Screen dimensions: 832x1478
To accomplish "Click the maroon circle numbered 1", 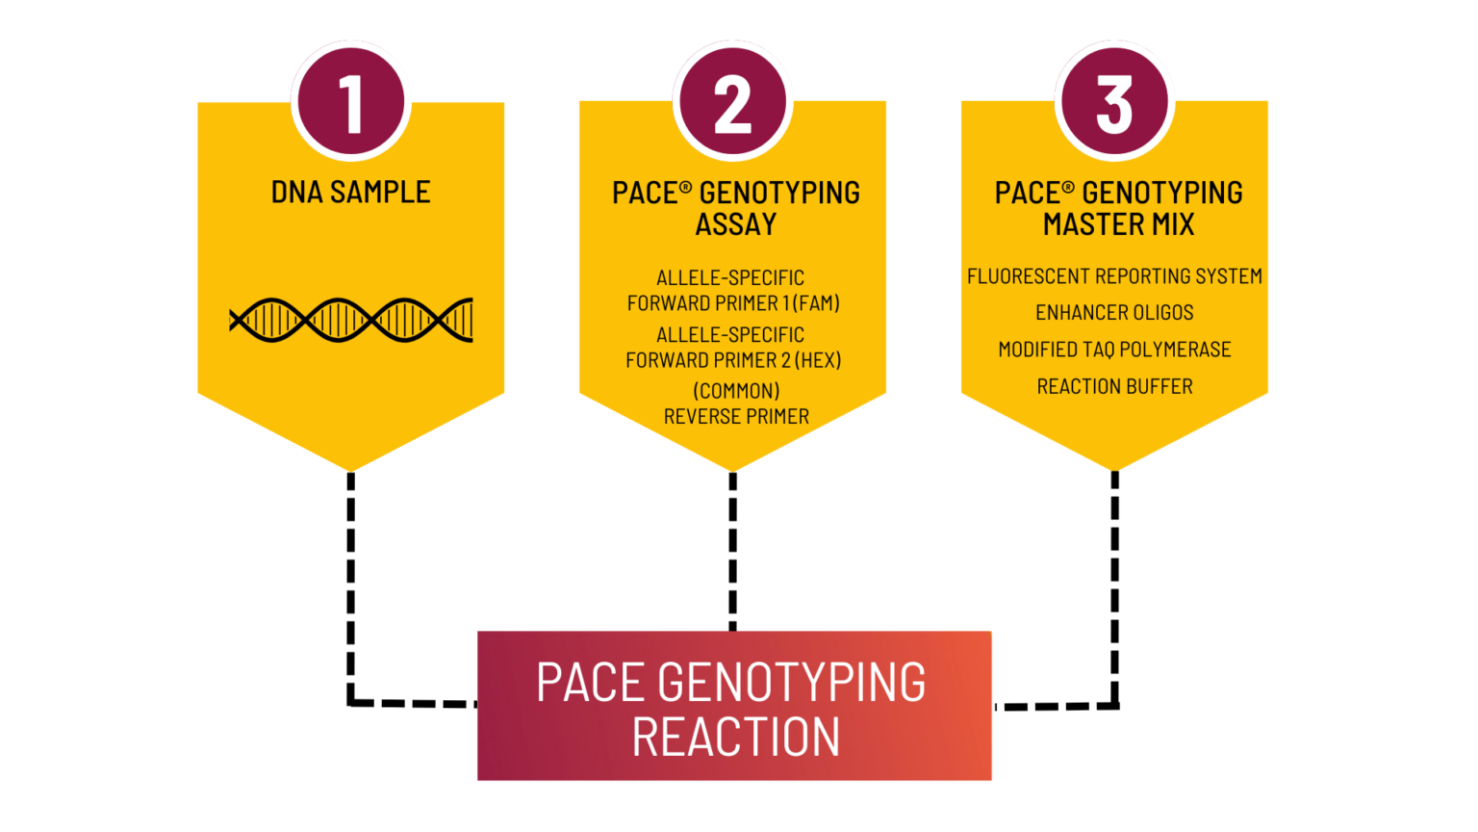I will [x=350, y=101].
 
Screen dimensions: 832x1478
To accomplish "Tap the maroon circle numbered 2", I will [x=732, y=101].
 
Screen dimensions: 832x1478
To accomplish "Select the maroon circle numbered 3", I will [x=1114, y=101].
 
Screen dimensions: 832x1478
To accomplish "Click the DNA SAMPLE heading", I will [x=350, y=193].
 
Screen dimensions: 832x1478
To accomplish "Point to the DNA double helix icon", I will [x=351, y=320].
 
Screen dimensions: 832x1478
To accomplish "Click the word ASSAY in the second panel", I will [x=736, y=225].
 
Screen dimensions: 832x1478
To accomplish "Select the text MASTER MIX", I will [x=1118, y=225].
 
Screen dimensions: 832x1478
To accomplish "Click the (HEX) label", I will [x=818, y=360].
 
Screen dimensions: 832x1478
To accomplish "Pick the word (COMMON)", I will [x=736, y=391].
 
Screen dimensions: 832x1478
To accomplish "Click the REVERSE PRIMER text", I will [x=736, y=417].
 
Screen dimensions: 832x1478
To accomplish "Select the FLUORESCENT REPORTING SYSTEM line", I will [x=1114, y=276].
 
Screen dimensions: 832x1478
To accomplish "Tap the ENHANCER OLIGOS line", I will [x=1114, y=313].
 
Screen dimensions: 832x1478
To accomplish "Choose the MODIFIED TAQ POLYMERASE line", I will [x=1114, y=350].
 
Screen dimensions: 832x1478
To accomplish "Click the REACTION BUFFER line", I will [x=1114, y=386].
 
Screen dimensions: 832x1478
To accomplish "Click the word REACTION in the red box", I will [x=736, y=738].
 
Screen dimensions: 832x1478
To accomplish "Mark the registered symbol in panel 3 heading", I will [x=1068, y=188].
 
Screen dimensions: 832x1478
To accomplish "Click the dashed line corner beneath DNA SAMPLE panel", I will [x=352, y=702].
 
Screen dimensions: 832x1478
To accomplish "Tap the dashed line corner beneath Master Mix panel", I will [x=1114, y=705].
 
